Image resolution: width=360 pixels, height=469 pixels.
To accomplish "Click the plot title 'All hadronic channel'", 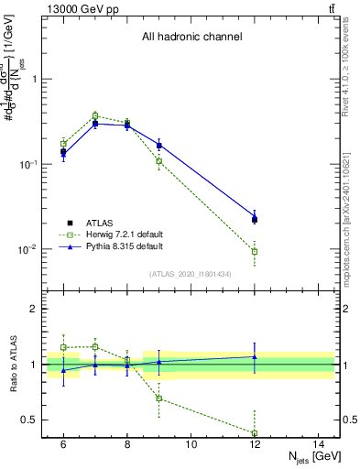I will tap(191, 38).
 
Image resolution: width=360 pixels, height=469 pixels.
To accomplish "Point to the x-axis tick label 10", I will tap(191, 444).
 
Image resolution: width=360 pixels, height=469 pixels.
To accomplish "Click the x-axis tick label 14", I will tap(319, 444).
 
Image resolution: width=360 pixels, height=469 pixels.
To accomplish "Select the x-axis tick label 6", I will tap(63, 444).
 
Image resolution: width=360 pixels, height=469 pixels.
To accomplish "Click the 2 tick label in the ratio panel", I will tap(39, 309).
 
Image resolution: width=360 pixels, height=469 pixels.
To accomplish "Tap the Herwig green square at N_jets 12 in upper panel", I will tap(255, 251).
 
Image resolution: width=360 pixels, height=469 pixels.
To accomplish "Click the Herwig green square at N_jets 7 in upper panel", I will tap(95, 116).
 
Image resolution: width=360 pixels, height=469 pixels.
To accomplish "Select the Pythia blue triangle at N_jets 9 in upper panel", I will tap(159, 145).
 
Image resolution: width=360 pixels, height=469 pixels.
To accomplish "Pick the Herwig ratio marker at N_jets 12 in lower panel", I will tap(255, 432).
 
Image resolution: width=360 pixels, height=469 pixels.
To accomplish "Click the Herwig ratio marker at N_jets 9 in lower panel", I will tap(159, 398).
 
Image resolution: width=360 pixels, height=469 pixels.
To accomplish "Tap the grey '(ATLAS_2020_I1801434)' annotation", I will tap(191, 274).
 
